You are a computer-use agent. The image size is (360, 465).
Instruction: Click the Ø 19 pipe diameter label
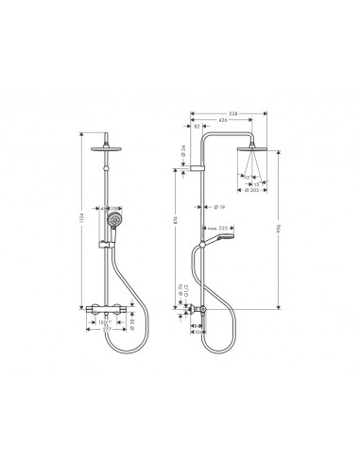point(217,206)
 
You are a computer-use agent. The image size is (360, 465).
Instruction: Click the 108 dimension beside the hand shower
point(114,208)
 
